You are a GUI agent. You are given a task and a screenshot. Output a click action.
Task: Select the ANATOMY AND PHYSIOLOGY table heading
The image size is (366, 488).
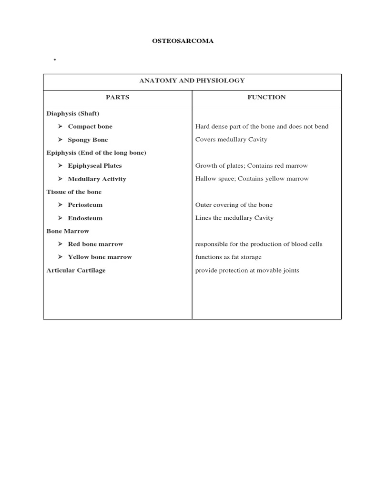192,81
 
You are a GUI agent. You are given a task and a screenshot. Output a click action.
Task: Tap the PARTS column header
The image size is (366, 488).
117,97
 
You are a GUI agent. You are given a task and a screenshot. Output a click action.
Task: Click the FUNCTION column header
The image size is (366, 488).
266,97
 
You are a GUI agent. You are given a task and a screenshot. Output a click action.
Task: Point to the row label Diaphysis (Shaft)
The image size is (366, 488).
72,113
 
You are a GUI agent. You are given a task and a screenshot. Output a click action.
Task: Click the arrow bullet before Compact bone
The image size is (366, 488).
61,127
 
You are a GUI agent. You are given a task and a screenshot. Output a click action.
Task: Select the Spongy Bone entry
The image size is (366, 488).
88,140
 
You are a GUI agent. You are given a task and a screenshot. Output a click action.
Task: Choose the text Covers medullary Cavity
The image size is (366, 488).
231,140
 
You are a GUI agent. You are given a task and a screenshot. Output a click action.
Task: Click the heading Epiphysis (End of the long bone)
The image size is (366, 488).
96,152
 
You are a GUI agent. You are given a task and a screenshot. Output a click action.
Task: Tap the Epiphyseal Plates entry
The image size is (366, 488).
94,166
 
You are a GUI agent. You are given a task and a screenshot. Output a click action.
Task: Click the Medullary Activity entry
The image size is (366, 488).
97,179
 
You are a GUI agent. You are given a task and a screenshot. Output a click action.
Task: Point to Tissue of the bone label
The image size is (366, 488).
74,192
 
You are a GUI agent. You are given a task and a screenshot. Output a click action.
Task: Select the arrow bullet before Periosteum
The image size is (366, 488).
61,205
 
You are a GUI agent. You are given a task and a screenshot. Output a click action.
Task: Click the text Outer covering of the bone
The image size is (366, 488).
234,205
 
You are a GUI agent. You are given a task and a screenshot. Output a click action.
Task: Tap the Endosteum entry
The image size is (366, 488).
85,218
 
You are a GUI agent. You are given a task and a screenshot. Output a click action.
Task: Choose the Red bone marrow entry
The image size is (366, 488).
95,244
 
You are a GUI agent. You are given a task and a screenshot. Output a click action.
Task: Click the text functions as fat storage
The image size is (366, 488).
228,257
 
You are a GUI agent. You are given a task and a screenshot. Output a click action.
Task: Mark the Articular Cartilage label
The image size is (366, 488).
76,270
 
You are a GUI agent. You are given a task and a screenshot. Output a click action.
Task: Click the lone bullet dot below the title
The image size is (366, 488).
55,60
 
